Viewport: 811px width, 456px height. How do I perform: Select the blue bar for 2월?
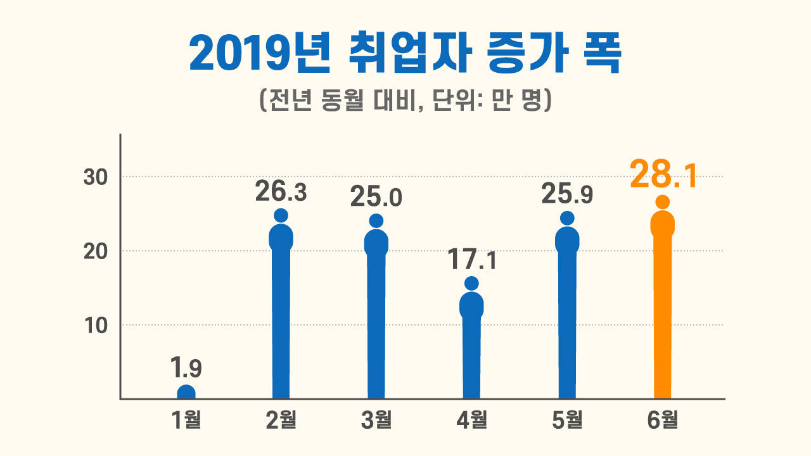tap(281, 317)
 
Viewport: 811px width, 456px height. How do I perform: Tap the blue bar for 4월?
tap(471, 348)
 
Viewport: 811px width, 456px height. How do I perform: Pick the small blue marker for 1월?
tap(186, 393)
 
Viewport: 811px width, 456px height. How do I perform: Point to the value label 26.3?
tap(281, 192)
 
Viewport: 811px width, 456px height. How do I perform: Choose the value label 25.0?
tap(376, 198)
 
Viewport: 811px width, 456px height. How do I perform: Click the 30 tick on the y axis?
tap(94, 177)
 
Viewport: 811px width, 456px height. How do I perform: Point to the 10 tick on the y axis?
tap(94, 326)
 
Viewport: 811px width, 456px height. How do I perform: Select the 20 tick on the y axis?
tap(94, 251)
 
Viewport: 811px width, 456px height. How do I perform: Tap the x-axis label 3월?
tap(376, 420)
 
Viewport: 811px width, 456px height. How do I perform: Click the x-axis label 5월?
tap(567, 420)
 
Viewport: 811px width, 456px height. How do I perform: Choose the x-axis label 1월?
tap(186, 420)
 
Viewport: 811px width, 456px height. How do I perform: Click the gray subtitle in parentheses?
tap(405, 101)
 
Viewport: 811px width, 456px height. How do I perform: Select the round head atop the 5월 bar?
tap(567, 218)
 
